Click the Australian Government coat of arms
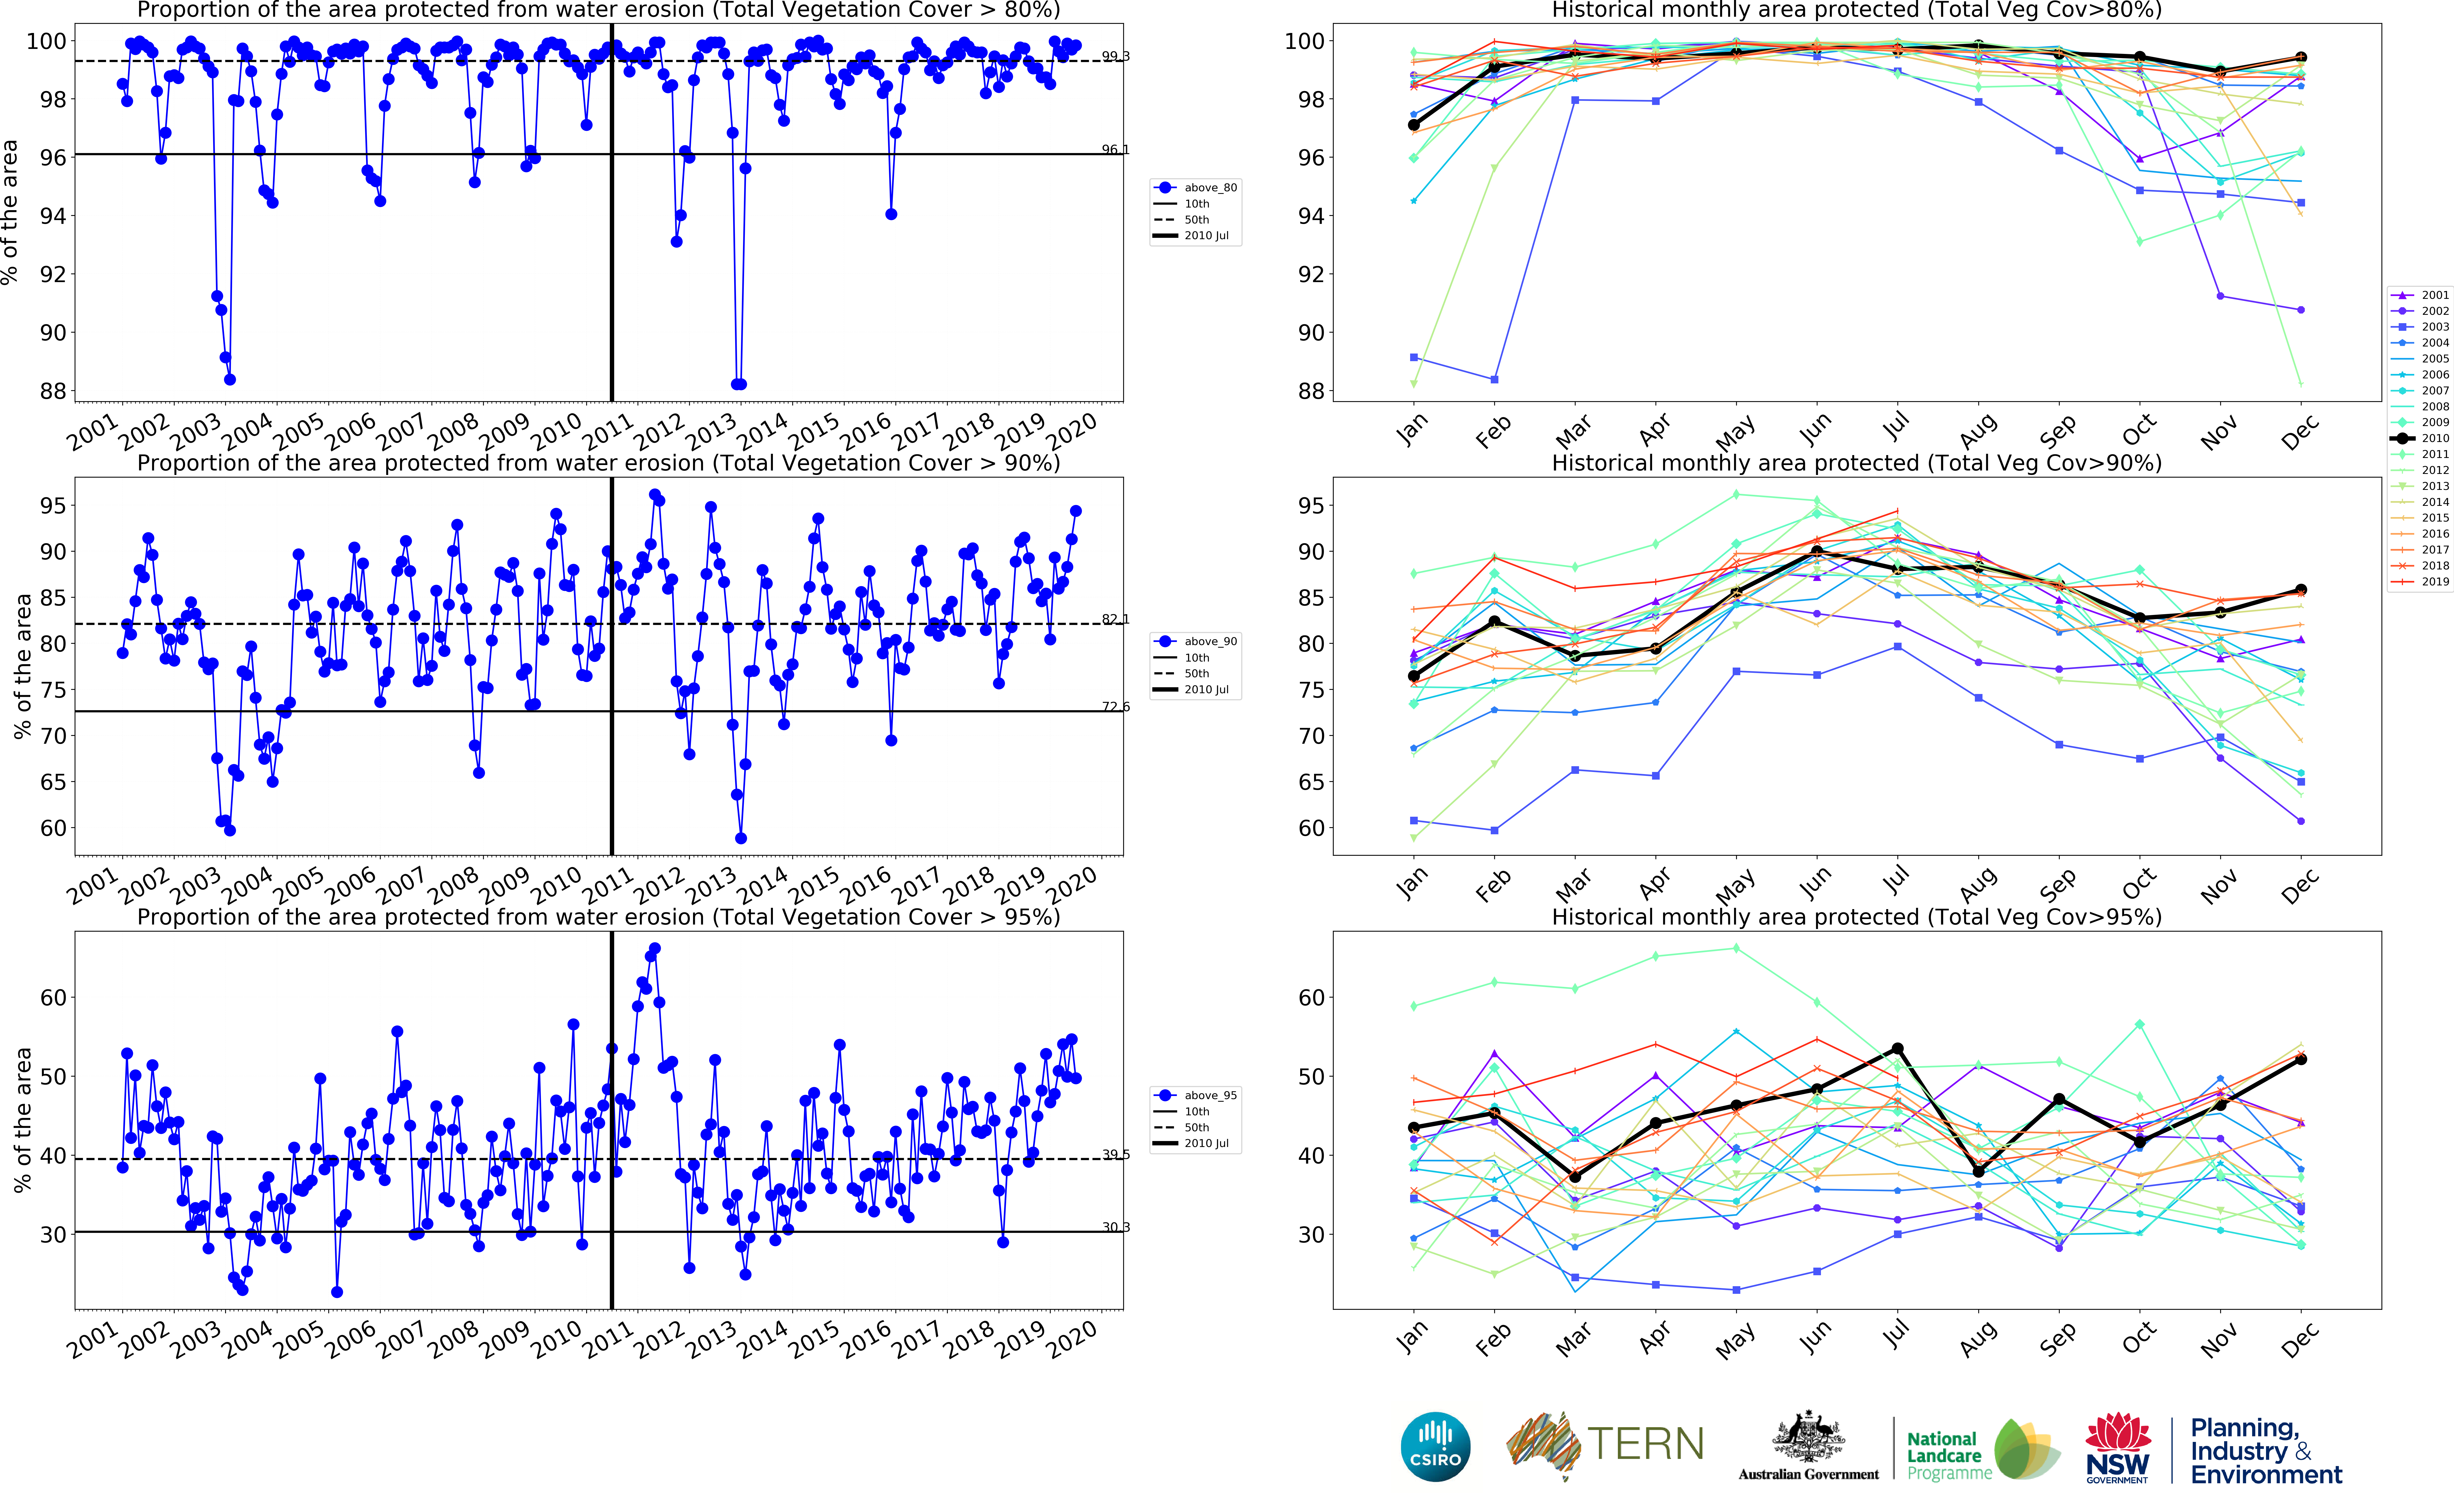pos(1808,1439)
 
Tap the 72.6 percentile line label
pos(1116,707)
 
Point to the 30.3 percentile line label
pos(1116,1227)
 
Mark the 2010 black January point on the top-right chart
pos(1414,125)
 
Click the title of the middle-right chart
pos(1856,463)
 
